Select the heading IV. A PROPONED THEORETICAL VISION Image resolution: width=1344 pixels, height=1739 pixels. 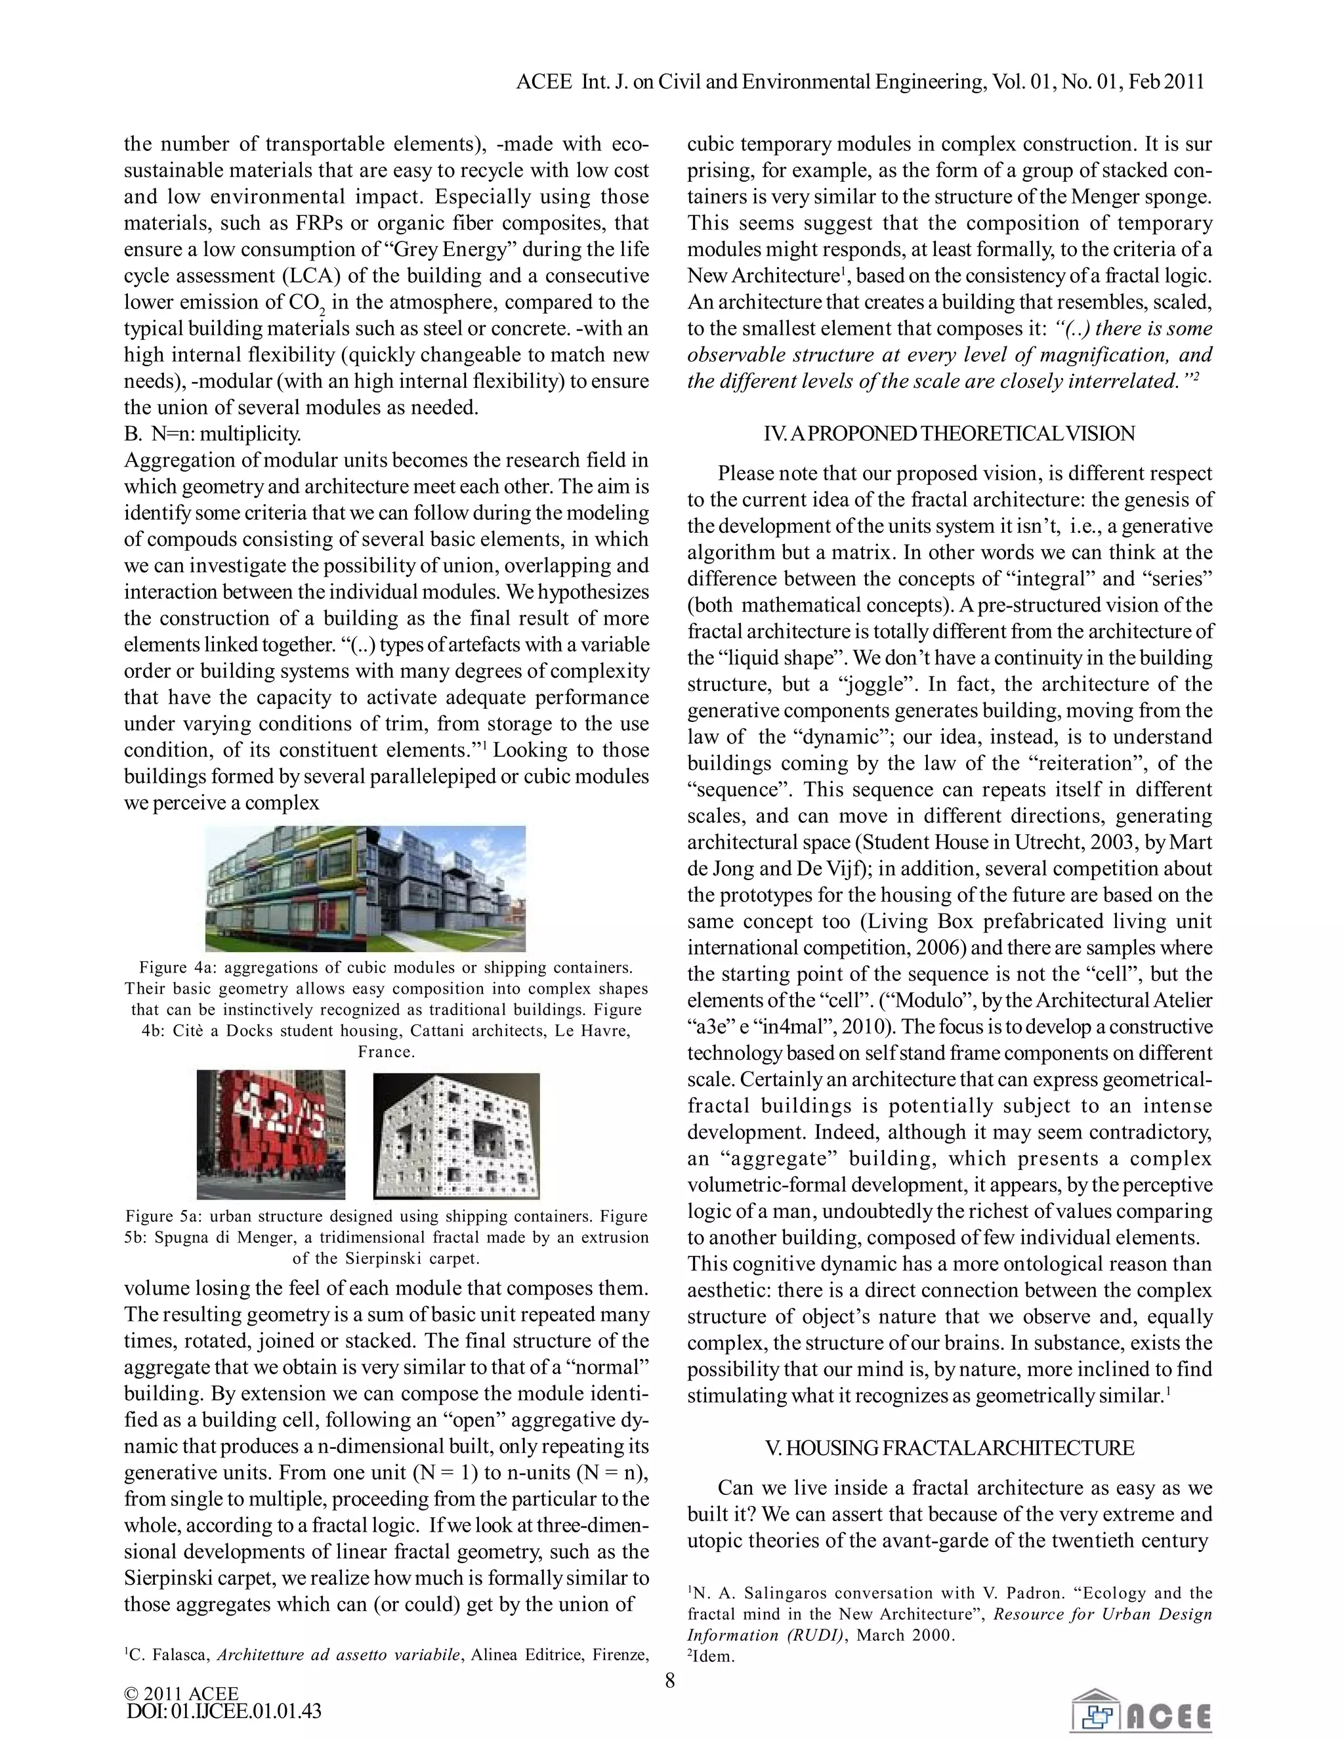[949, 434]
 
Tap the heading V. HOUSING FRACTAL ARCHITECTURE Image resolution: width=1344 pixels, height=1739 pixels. [949, 1448]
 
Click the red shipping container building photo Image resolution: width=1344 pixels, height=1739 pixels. [271, 1135]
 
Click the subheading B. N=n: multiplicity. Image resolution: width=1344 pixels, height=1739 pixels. [213, 434]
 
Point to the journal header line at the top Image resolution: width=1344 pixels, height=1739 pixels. [860, 81]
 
